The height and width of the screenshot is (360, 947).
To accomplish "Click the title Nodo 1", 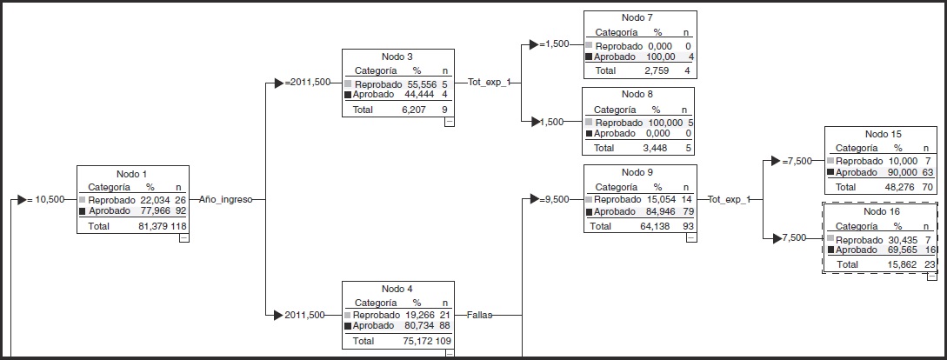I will pos(133,173).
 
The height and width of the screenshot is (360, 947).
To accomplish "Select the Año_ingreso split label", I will pos(226,199).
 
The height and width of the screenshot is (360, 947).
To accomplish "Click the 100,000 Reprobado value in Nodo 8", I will pos(664,123).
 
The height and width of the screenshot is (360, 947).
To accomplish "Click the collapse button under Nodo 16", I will pos(931,277).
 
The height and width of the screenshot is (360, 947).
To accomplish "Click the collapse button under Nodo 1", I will pos(183,238).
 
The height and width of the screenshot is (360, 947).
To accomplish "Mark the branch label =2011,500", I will pos(308,82).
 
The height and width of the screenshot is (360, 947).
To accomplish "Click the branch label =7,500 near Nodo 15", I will pos(797,161).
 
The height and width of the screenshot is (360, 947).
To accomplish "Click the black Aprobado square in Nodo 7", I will pos(590,57).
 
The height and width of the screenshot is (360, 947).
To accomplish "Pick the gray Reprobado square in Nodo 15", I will pos(830,161).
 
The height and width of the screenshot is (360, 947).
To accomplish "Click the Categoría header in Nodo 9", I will pos(617,187).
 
